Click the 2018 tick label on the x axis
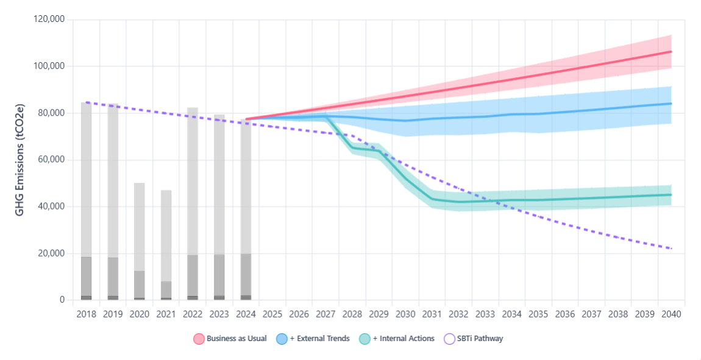(x=86, y=314)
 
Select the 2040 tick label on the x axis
(x=671, y=314)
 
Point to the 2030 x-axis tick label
(x=405, y=314)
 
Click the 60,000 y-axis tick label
(x=50, y=160)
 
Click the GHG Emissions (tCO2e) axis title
(x=20, y=160)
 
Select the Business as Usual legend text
(x=237, y=339)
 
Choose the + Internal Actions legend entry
(x=403, y=339)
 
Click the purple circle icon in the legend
(x=450, y=339)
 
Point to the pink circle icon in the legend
(x=199, y=339)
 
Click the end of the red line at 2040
(x=671, y=52)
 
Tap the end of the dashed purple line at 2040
(x=671, y=249)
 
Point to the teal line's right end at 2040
(x=671, y=195)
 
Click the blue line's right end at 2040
(x=671, y=104)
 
